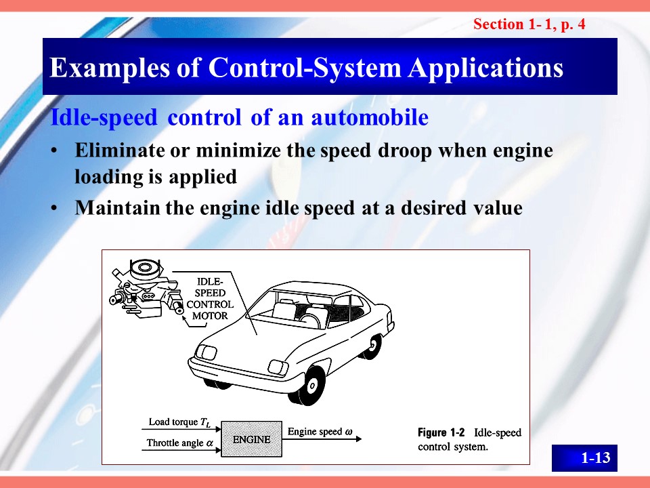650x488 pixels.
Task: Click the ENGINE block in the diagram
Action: point(252,439)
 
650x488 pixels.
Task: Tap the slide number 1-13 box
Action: point(584,457)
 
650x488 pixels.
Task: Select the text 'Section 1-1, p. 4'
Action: point(529,24)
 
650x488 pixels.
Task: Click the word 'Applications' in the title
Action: point(486,67)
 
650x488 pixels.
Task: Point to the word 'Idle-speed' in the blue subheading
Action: point(104,117)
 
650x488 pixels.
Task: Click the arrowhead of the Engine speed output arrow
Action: point(359,439)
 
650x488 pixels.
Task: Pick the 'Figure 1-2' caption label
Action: point(441,433)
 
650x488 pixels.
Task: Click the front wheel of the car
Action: point(309,386)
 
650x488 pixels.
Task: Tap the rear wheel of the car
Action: point(372,346)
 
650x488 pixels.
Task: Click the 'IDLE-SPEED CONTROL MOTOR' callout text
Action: point(210,299)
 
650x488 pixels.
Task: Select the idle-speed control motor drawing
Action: point(146,289)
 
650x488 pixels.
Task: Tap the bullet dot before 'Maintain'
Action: point(54,208)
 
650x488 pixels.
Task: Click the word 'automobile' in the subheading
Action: point(370,117)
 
